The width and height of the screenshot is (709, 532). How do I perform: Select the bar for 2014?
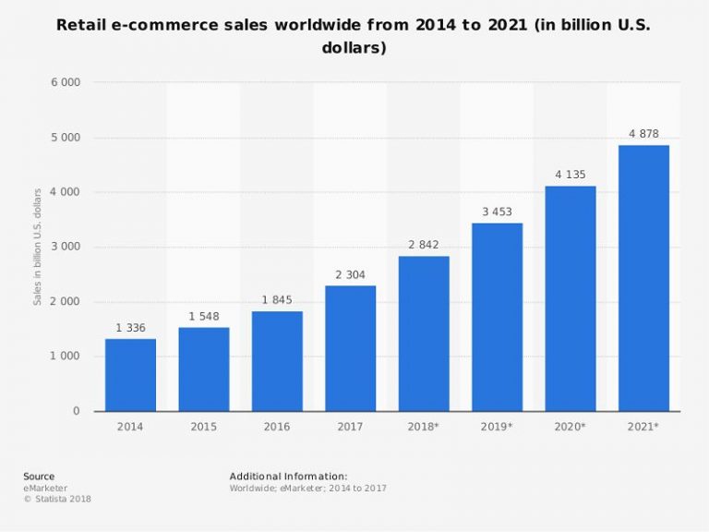130,374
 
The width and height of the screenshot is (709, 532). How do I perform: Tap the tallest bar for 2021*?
643,277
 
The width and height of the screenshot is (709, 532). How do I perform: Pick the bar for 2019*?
497,317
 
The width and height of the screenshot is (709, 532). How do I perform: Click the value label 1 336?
130,328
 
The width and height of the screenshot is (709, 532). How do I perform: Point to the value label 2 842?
424,245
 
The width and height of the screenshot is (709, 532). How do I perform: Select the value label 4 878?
643,134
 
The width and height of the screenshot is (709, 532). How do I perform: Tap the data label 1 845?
277,300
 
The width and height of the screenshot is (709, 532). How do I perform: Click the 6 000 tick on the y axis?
65,82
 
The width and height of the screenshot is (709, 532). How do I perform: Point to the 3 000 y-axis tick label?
65,247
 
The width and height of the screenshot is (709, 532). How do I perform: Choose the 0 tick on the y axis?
76,411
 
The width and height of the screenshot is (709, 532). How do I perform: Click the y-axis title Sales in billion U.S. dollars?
38,247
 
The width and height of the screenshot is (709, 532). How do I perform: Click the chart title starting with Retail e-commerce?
354,35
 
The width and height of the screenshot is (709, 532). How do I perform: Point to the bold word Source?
39,477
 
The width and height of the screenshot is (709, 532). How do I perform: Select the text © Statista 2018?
57,499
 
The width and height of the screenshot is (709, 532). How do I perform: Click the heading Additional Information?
288,477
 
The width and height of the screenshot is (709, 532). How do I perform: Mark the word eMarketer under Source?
45,488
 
